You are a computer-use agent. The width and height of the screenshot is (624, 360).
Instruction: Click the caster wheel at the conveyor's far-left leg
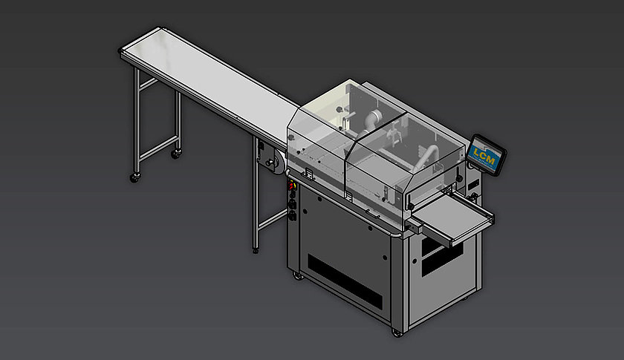135,178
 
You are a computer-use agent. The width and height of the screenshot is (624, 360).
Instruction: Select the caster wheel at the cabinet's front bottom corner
397,332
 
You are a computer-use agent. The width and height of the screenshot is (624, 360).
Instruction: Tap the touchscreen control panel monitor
486,154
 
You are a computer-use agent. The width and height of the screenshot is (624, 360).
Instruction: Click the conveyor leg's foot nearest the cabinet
256,250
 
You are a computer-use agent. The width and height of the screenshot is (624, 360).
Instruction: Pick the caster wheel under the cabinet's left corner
298,275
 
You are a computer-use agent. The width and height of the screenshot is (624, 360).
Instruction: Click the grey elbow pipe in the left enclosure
371,120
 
